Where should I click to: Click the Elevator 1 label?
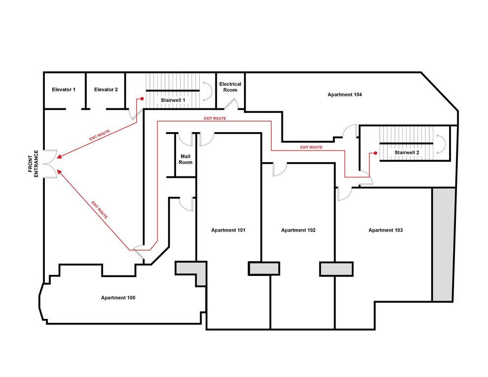click(64, 90)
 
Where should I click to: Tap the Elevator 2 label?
click(106, 90)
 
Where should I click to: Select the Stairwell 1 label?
click(173, 100)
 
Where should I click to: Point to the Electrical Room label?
click(230, 87)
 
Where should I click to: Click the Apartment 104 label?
click(345, 94)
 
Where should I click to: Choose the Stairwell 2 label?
click(407, 153)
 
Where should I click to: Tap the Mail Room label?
click(185, 159)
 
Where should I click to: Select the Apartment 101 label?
click(228, 230)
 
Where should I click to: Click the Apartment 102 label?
click(298, 230)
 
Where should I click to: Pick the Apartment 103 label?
click(385, 230)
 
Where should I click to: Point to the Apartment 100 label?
click(118, 298)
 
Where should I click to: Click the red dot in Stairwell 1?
click(142, 99)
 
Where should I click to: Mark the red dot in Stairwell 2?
click(376, 153)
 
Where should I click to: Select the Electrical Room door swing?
click(232, 104)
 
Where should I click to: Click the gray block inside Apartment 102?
click(264, 269)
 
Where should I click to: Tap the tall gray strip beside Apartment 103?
click(443, 244)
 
